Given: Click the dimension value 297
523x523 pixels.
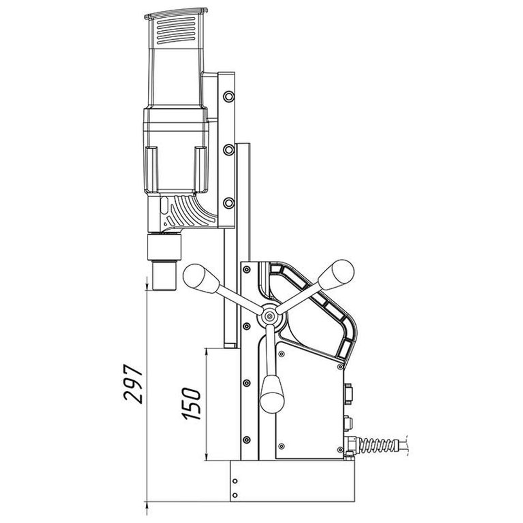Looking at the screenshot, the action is point(133,384).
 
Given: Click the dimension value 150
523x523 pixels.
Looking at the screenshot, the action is point(191,404).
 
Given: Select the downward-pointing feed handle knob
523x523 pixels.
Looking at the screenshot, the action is point(272,394).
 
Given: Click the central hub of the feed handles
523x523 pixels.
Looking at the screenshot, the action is point(269,315).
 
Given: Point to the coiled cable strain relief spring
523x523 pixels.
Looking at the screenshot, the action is point(379,445).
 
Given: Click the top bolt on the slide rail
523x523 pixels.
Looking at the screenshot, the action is point(229,97).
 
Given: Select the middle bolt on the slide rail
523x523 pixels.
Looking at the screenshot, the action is point(229,150).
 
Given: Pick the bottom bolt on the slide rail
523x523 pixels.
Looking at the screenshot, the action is point(229,203).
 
